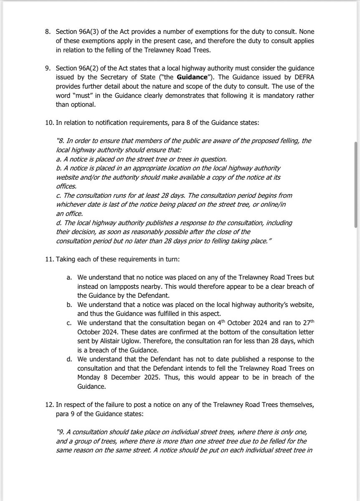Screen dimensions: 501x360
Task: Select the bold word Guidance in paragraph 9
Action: tap(191, 77)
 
